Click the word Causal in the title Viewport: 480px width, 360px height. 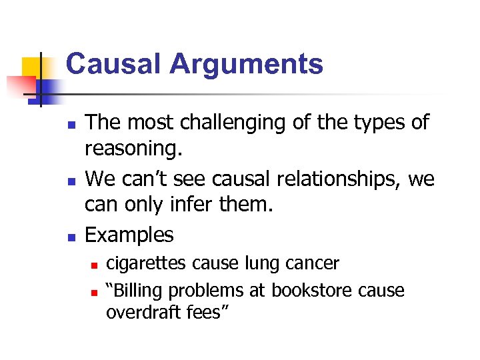[x=113, y=65]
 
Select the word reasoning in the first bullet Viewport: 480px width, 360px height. [x=132, y=151]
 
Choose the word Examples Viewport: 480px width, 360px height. [x=129, y=235]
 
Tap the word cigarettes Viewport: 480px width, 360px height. [x=147, y=263]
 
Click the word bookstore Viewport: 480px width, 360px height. [x=313, y=291]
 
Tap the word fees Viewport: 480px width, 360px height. [x=203, y=312]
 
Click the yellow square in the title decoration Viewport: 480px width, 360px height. [x=33, y=69]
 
